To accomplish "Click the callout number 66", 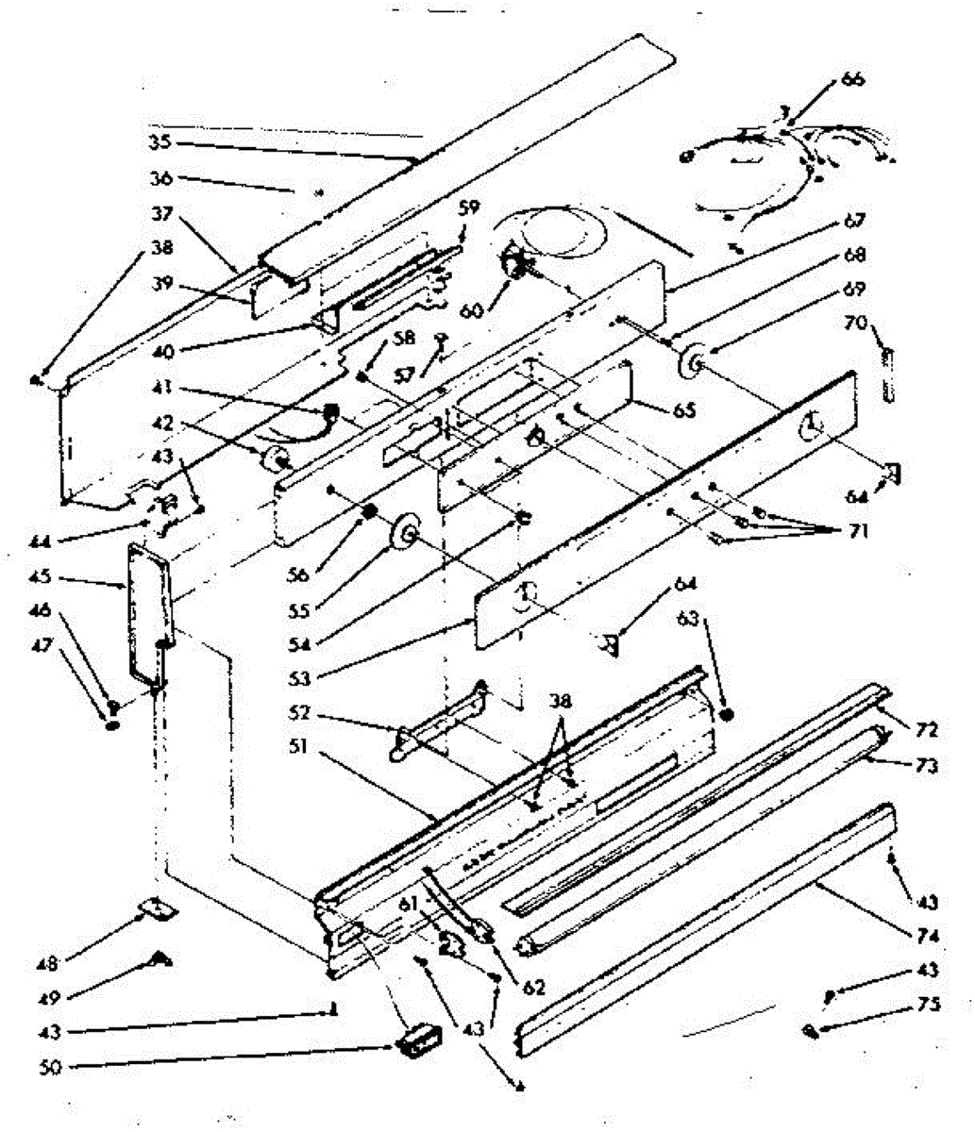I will pyautogui.click(x=851, y=79).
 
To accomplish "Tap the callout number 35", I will pyautogui.click(x=160, y=145).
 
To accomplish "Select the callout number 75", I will pyautogui.click(x=930, y=1006).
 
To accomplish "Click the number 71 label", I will pyautogui.click(x=857, y=532).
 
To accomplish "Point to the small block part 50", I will pyautogui.click(x=418, y=1039).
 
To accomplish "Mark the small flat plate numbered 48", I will pyautogui.click(x=157, y=907).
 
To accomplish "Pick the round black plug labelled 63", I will pyautogui.click(x=726, y=713).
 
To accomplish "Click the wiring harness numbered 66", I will pyautogui.click(x=783, y=170).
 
